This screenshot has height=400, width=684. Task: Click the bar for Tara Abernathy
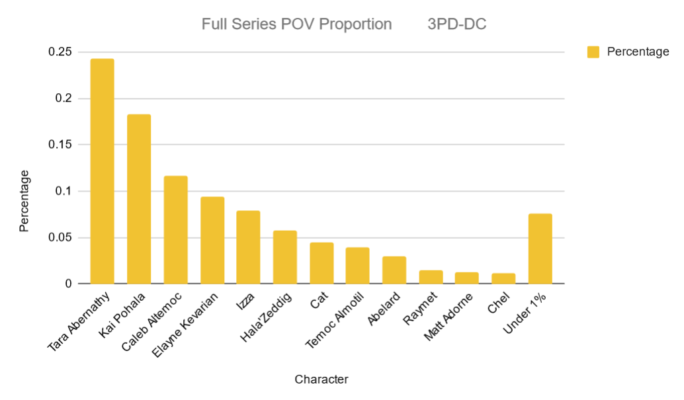103,171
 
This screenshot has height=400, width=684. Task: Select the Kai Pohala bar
139,199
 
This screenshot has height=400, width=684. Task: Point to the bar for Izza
249,247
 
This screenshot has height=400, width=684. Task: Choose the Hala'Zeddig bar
285,257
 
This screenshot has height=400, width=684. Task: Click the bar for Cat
321,263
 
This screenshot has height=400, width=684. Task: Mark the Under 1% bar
540,249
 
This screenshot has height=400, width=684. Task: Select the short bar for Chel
503,278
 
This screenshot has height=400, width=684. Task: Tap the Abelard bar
394,270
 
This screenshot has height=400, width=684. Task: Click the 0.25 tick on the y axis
61,52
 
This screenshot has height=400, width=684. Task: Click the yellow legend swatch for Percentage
593,52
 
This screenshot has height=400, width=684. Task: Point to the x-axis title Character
321,380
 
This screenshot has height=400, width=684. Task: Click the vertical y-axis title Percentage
24,201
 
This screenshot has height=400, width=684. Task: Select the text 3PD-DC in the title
457,24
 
